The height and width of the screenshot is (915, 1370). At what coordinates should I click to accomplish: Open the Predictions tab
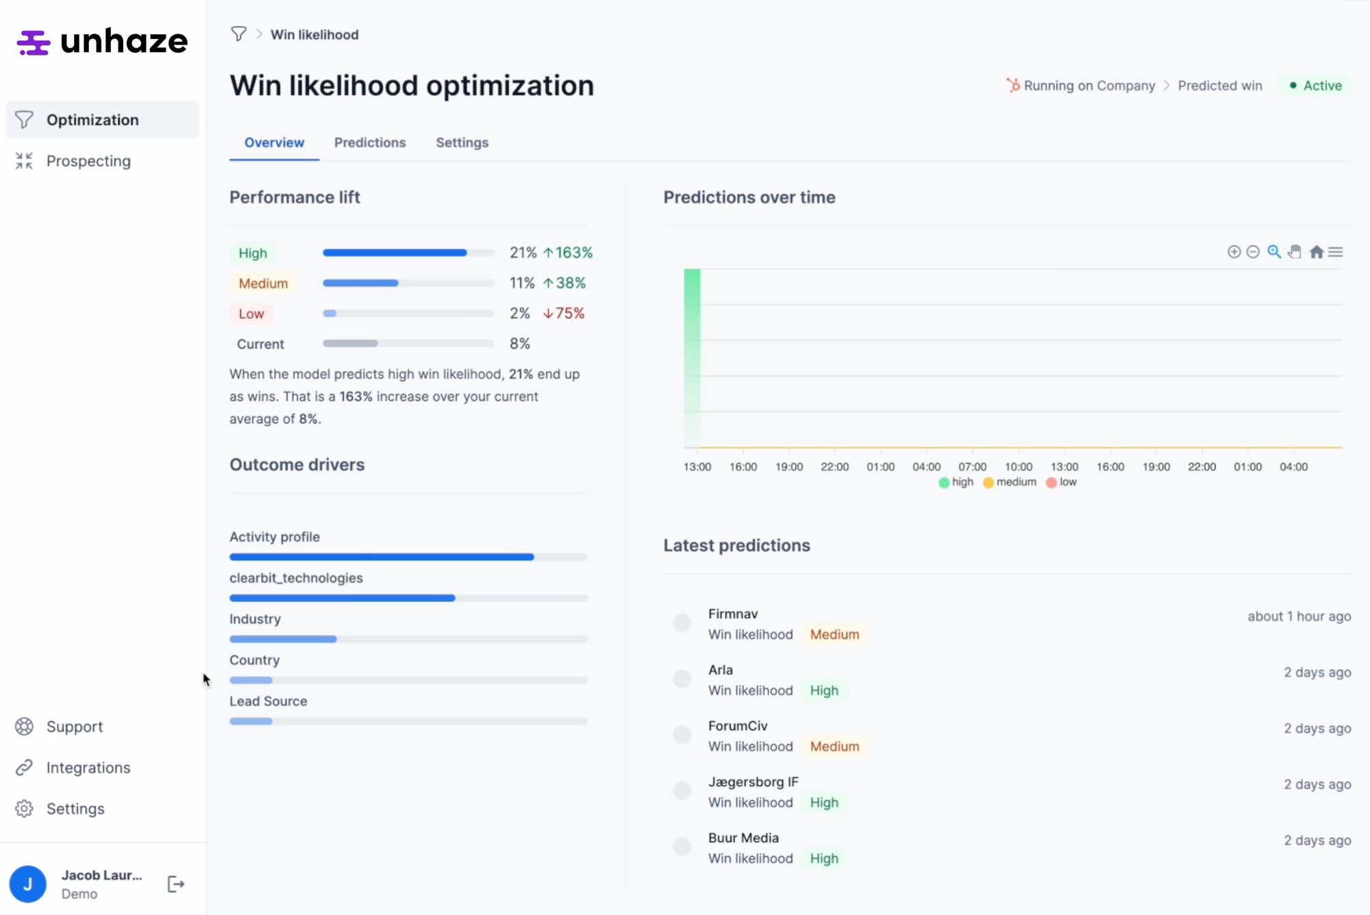[x=370, y=142]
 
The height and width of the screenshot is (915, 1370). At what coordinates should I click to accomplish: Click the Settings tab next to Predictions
[x=462, y=142]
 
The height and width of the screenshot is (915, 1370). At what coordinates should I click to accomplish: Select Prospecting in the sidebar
[x=88, y=161]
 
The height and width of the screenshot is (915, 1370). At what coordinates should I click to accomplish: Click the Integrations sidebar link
[x=88, y=768]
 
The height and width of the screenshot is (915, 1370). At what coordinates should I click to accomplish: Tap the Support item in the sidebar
[x=74, y=727]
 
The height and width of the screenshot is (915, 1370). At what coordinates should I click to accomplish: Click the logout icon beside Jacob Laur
[x=176, y=884]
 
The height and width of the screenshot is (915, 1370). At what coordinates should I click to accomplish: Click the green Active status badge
[x=1315, y=86]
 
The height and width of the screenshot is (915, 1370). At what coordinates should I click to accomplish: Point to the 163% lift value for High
[x=569, y=253]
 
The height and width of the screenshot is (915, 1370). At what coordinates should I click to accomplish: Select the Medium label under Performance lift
[x=263, y=284]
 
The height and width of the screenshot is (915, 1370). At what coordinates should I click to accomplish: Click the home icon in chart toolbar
[x=1316, y=252]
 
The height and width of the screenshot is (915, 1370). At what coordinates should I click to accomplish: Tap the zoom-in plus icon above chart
[x=1234, y=252]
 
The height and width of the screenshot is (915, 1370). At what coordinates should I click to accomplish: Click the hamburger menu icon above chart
[x=1336, y=252]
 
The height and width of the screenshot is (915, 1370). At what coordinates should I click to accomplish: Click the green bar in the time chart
[x=692, y=356]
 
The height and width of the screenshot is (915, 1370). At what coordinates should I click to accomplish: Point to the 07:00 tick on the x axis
[x=972, y=466]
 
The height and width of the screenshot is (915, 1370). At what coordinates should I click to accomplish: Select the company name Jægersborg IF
[x=753, y=781]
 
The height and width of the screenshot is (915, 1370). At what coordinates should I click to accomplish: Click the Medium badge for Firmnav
[x=834, y=634]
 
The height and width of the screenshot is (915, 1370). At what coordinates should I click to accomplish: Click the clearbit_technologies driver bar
[x=342, y=598]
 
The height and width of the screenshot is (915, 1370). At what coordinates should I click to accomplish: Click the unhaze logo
[x=102, y=42]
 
